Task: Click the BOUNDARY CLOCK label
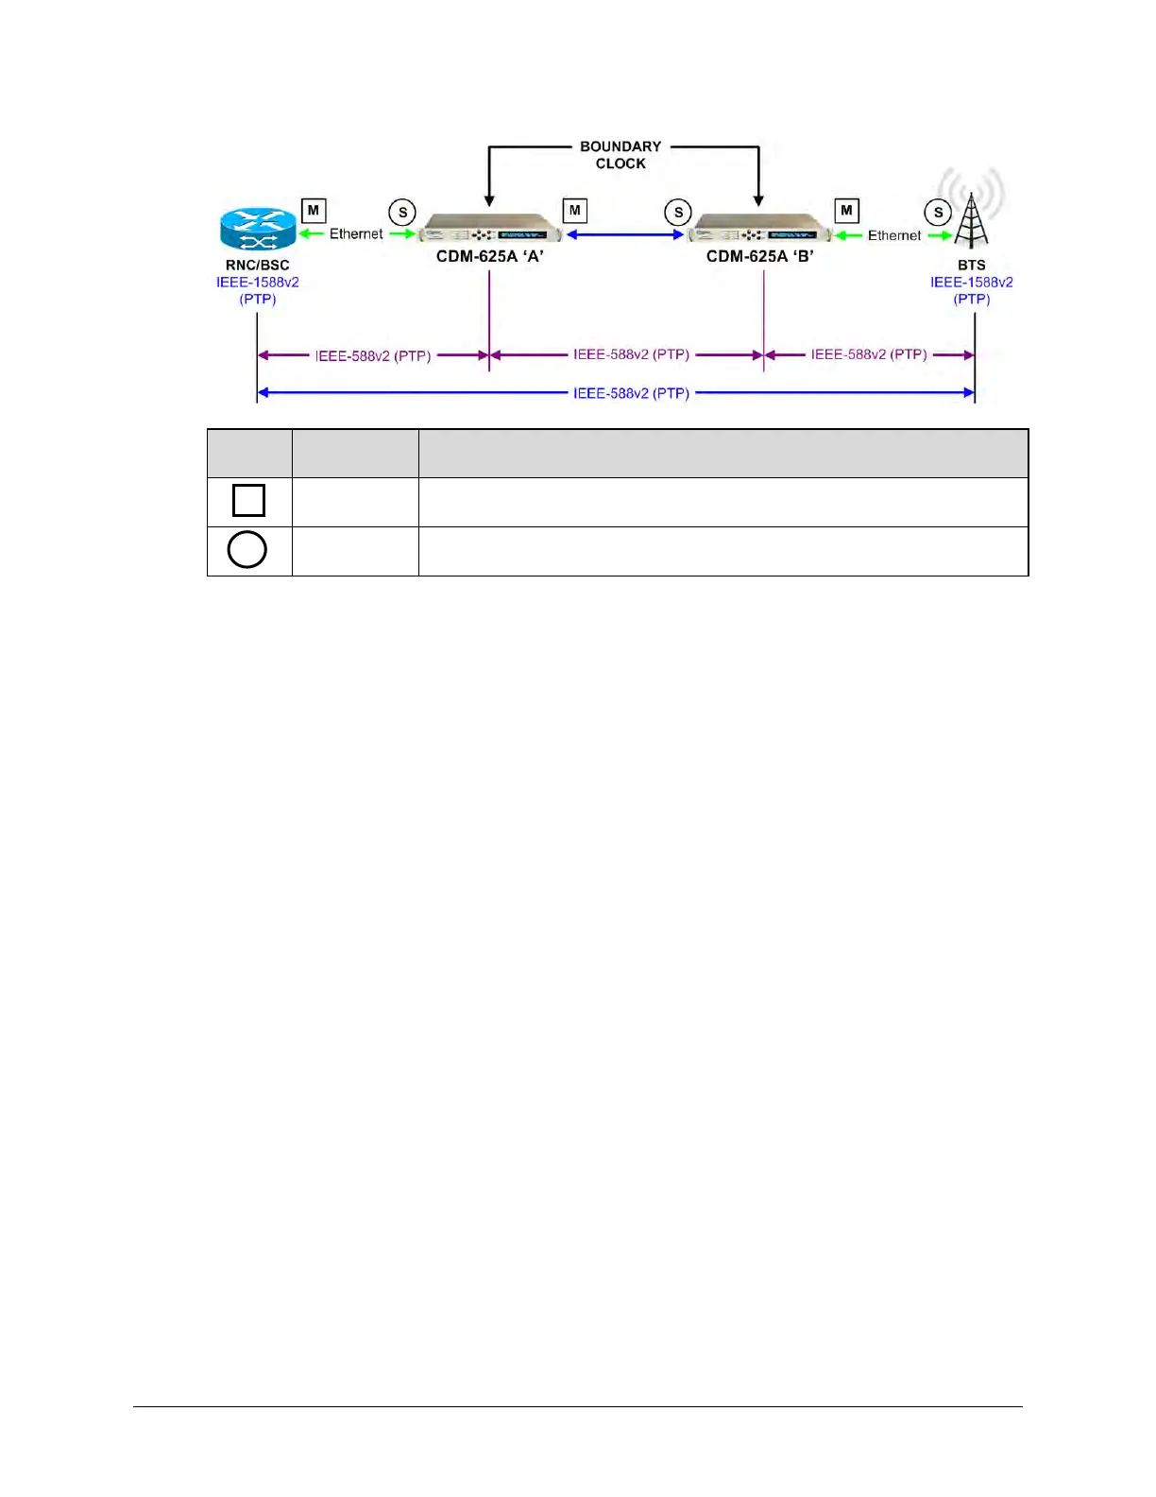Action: click(x=620, y=155)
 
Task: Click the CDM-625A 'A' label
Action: click(x=489, y=256)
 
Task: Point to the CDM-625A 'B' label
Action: click(x=759, y=256)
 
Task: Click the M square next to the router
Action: click(x=314, y=211)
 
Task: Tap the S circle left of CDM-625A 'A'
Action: click(x=402, y=213)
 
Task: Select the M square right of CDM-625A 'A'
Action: click(x=574, y=211)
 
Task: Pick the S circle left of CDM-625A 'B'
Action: click(x=678, y=213)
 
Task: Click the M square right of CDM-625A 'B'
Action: click(x=846, y=211)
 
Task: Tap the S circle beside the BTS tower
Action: click(x=938, y=213)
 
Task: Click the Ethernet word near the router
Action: click(x=356, y=233)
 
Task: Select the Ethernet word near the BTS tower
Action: click(x=894, y=235)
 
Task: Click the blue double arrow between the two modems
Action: click(x=624, y=234)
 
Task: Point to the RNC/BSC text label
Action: click(x=257, y=266)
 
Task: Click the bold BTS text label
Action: click(x=971, y=266)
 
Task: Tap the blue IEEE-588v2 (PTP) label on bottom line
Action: click(x=631, y=393)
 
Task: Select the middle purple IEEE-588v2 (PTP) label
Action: click(x=631, y=354)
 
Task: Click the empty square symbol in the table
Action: click(x=248, y=500)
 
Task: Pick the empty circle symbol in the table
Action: click(x=247, y=549)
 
